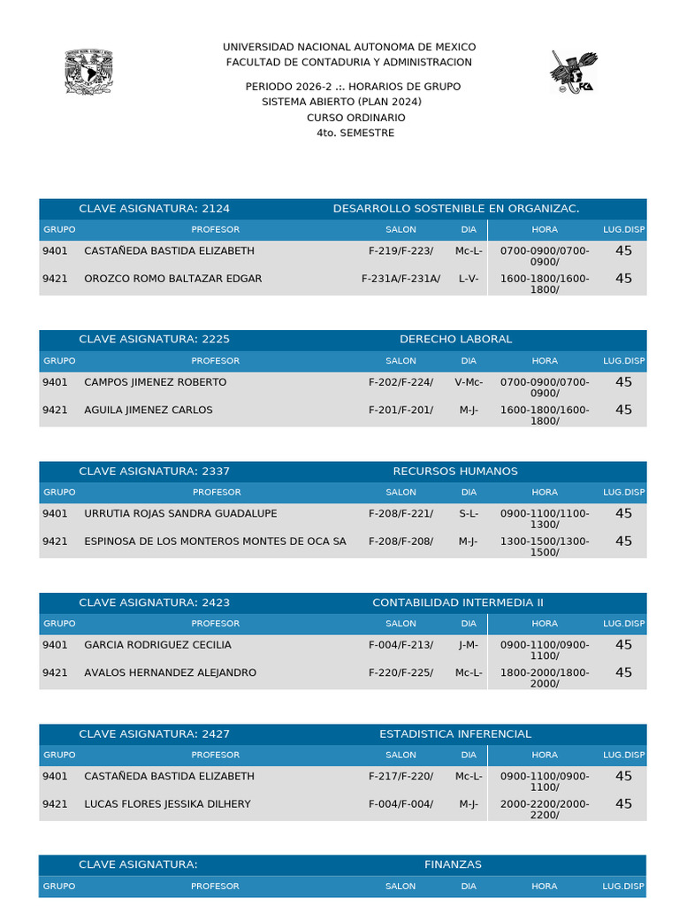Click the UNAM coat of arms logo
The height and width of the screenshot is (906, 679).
[x=90, y=72]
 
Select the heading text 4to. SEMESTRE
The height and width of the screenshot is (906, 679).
[x=355, y=134]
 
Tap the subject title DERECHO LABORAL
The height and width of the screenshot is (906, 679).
[x=455, y=340]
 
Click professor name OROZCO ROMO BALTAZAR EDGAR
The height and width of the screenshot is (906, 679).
[x=172, y=279]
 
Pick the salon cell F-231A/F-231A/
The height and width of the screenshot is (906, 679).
[x=401, y=279]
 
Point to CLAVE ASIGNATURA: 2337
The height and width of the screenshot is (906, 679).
[x=154, y=472]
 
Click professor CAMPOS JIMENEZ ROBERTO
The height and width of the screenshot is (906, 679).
[x=155, y=382]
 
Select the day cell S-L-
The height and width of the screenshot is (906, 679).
[x=469, y=513]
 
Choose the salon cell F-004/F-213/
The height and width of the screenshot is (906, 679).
[x=401, y=645]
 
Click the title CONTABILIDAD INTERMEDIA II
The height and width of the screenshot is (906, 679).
[x=458, y=603]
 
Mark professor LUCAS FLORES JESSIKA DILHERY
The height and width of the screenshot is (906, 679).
[x=167, y=804]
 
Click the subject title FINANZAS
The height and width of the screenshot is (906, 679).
[x=453, y=864]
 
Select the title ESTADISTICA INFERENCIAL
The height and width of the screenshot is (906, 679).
[x=455, y=734]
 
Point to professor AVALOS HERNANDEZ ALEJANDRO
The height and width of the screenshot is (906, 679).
[x=170, y=672]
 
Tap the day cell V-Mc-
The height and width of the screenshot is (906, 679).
[x=469, y=382]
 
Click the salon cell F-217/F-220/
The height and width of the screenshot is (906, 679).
[x=401, y=776]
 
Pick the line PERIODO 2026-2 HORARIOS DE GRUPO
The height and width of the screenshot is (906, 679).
[x=353, y=87]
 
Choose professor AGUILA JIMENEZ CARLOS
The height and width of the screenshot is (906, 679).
[x=148, y=410]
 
